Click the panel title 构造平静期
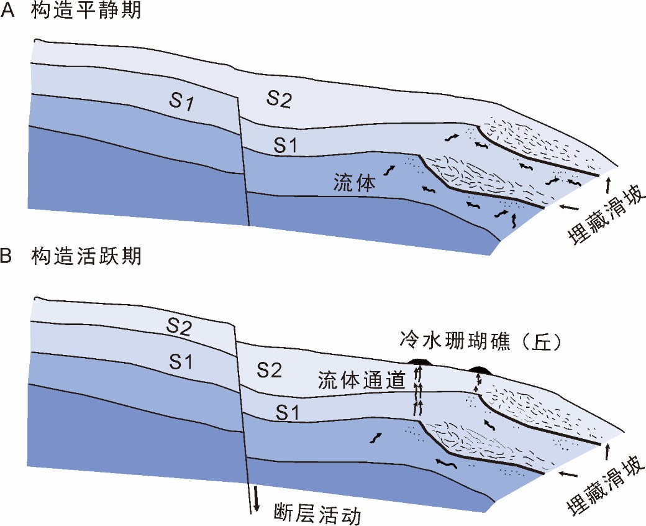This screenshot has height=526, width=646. [86, 12]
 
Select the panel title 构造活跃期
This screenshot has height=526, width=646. [86, 256]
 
